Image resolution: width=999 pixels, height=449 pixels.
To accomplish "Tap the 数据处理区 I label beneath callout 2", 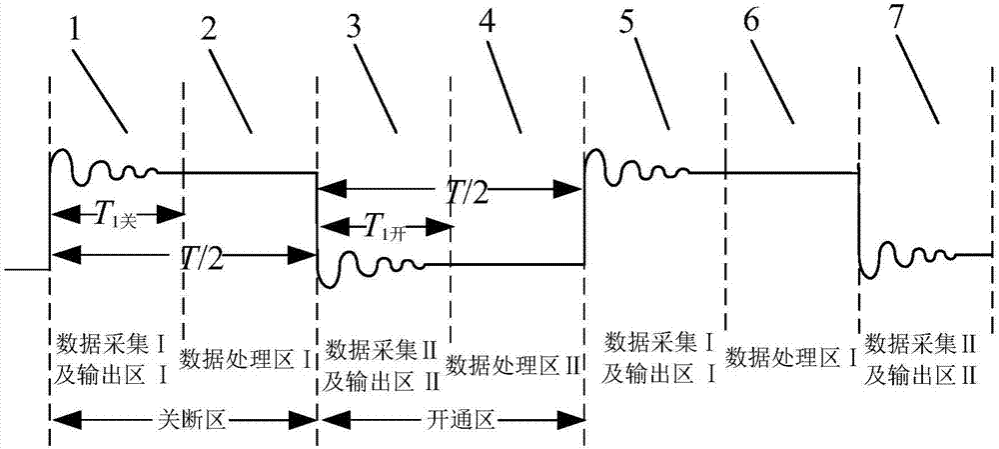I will [249, 357].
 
